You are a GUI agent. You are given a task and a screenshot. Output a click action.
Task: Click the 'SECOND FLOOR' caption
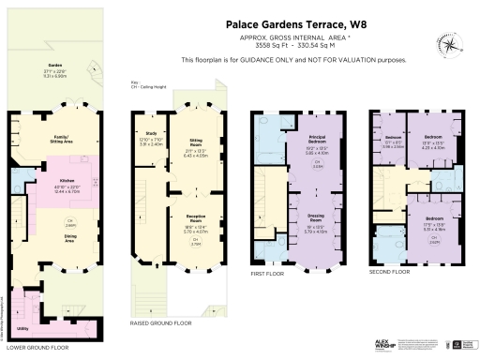tap(388, 271)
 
